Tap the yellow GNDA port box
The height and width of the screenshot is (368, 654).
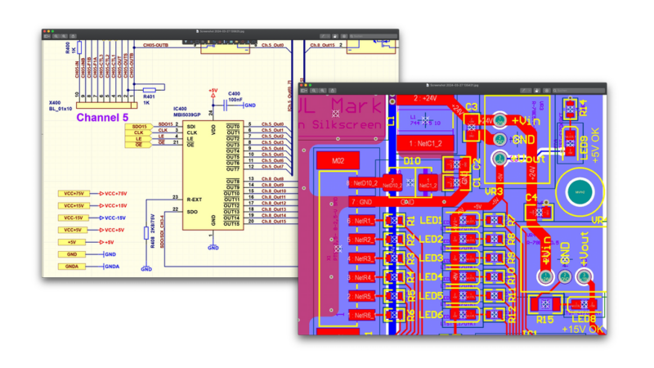[71, 266]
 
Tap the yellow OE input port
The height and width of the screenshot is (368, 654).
[141, 145]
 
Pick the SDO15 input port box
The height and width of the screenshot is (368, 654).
[140, 127]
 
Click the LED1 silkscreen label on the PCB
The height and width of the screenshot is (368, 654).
[431, 221]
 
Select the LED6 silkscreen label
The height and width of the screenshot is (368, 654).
[431, 315]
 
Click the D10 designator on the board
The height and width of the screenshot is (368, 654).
[412, 162]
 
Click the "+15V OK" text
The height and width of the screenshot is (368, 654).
[581, 328]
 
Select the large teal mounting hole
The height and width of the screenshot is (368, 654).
[579, 191]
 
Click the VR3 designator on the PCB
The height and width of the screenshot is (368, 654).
[495, 191]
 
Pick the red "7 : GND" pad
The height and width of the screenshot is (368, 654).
[363, 200]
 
